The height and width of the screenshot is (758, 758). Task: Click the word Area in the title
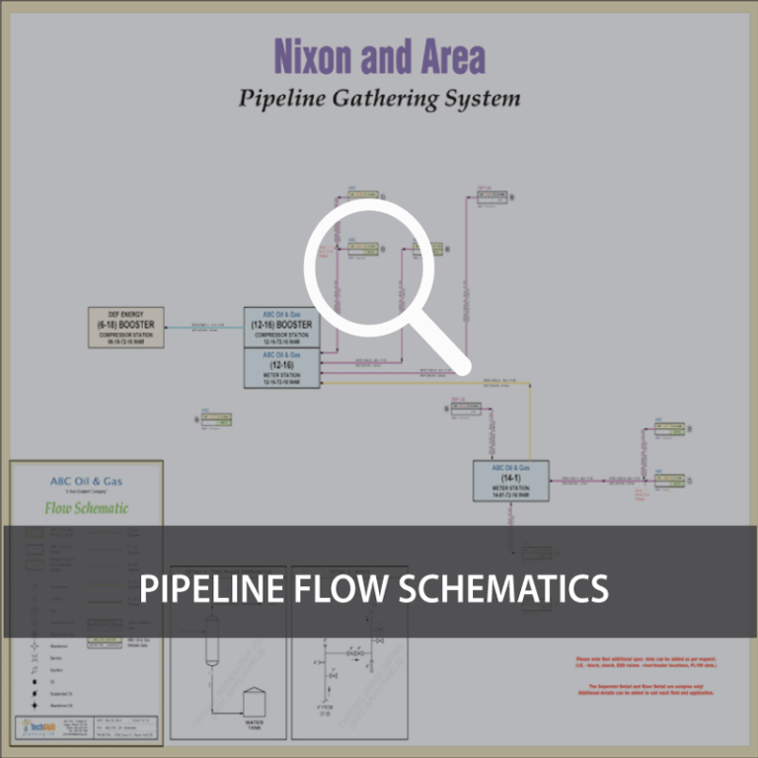click(x=446, y=57)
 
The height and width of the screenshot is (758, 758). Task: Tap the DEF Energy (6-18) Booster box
click(x=126, y=327)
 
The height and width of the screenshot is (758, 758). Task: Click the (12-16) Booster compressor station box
click(x=282, y=327)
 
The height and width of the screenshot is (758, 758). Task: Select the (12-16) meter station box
click(x=282, y=367)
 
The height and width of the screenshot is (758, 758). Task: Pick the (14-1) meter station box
click(x=510, y=481)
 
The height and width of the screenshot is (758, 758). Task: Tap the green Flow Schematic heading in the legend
click(x=87, y=508)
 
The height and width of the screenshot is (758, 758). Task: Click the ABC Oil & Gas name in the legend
click(x=87, y=482)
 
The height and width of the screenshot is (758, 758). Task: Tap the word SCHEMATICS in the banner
click(x=505, y=588)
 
